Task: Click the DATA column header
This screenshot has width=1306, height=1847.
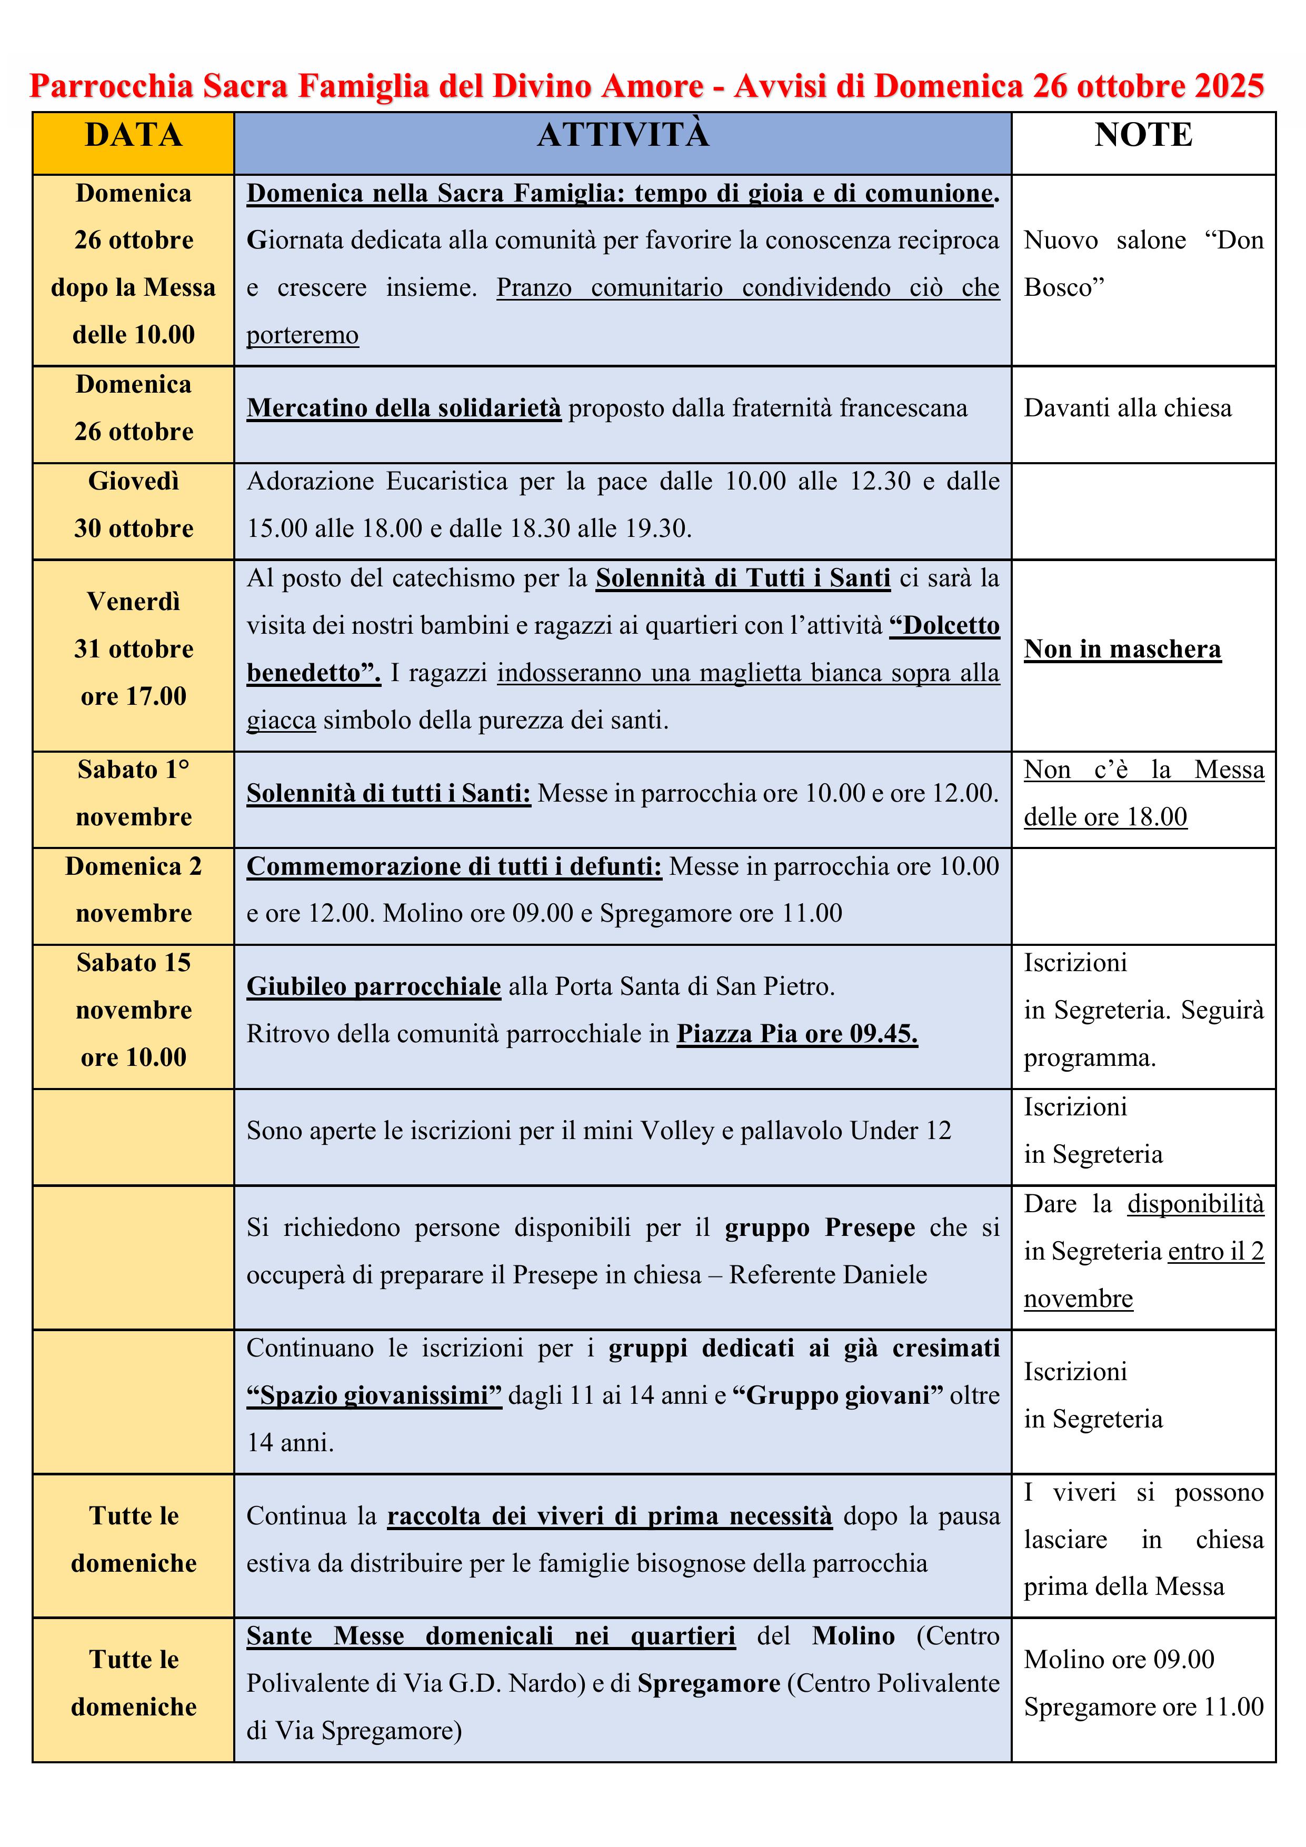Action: pos(134,135)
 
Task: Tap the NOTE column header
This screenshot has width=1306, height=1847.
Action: pos(1143,135)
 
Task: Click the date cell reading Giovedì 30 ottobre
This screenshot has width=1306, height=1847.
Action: pos(134,504)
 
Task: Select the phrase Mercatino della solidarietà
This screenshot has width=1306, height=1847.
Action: pos(404,408)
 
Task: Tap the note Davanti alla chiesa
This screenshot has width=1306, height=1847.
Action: pos(1126,408)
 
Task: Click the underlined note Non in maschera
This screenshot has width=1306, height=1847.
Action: pos(1122,649)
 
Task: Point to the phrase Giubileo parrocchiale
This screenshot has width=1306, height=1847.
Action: pos(373,986)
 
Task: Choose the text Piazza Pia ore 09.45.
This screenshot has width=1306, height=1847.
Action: pos(796,1034)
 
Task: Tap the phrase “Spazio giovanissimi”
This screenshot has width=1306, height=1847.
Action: pos(374,1396)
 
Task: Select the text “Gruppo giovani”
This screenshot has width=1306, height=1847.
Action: pos(838,1396)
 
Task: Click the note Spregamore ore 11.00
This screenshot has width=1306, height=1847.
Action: pos(1143,1707)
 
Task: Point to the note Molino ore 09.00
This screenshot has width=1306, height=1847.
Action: pos(1119,1660)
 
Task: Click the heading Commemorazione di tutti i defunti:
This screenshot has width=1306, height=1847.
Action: pos(454,866)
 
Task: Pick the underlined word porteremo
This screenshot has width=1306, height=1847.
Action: pos(303,335)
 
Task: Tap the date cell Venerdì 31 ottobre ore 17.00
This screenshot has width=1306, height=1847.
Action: pos(134,649)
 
